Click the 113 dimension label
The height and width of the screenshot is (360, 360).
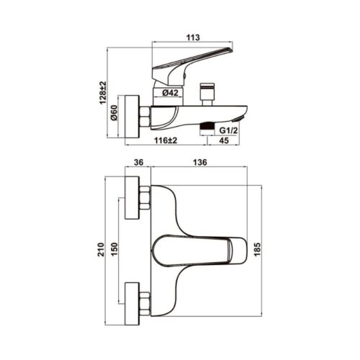(x=193, y=37)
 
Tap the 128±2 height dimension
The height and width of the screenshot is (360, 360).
(x=103, y=93)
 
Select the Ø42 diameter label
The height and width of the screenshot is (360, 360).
(x=170, y=93)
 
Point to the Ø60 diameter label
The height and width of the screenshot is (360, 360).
(x=114, y=112)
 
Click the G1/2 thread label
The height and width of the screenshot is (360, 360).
(x=229, y=130)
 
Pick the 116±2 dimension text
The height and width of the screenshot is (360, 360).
(x=166, y=140)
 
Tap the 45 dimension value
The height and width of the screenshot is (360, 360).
(x=224, y=140)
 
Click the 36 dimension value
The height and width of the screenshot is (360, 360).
(x=138, y=162)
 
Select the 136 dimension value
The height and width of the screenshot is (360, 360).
(x=199, y=162)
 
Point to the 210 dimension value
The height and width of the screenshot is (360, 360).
(x=101, y=250)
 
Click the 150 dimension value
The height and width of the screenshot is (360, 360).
(x=114, y=250)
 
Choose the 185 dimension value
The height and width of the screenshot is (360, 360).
(x=257, y=250)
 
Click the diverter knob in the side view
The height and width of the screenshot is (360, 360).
(x=207, y=94)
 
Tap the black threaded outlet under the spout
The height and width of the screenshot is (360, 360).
(x=207, y=126)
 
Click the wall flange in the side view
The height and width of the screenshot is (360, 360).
(x=132, y=117)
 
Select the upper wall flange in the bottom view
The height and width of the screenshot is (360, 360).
(x=132, y=198)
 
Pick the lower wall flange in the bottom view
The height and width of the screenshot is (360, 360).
(x=132, y=304)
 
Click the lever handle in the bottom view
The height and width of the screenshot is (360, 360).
(x=199, y=251)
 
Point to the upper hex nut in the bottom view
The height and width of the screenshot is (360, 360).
(x=145, y=198)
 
